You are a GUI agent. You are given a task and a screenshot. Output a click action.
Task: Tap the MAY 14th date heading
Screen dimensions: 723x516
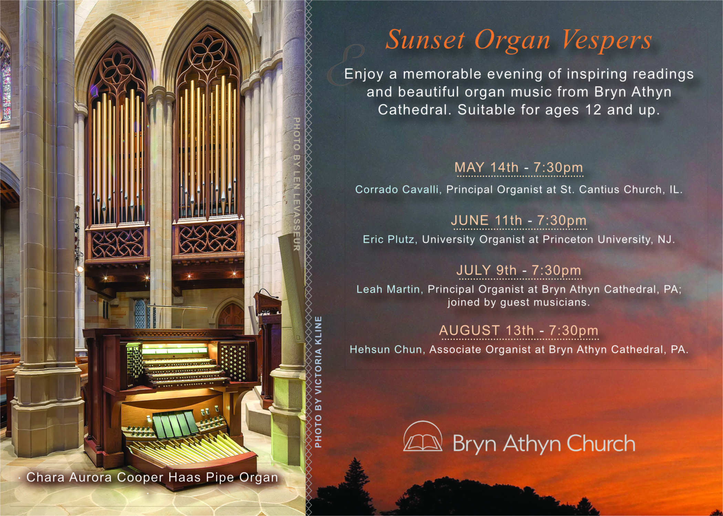pos(519,168)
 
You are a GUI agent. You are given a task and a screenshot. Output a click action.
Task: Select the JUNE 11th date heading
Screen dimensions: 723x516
pos(519,221)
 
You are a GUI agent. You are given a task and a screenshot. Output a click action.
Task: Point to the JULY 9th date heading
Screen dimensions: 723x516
pos(519,270)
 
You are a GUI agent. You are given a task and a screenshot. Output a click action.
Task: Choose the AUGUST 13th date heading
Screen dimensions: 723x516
pos(519,331)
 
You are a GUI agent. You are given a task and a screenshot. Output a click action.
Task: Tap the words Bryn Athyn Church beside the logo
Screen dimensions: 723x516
pos(544,443)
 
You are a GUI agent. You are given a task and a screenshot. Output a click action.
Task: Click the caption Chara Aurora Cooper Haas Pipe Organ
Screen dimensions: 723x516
pos(152,477)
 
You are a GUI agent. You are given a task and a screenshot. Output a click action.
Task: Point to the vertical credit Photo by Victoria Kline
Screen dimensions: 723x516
pos(318,382)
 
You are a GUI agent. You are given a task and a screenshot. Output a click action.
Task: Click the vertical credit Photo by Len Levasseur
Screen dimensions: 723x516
pos(296,184)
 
